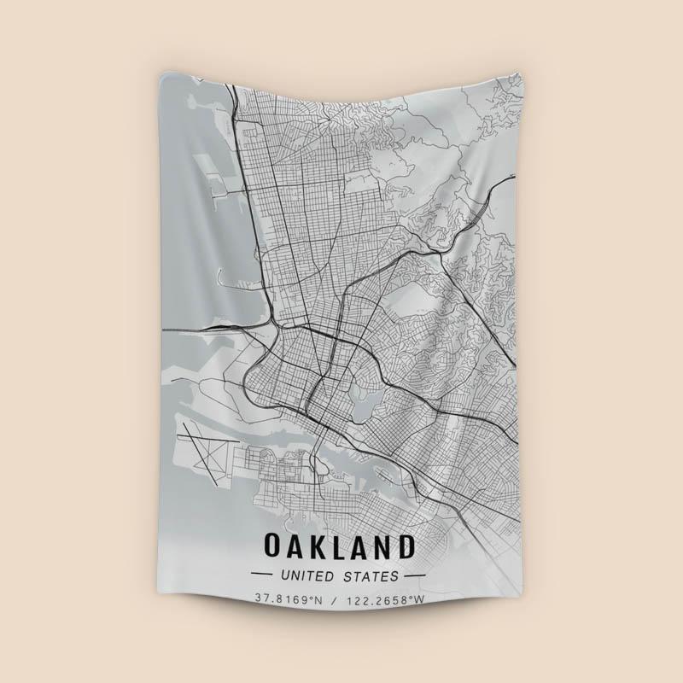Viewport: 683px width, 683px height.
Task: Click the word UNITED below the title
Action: coord(312,576)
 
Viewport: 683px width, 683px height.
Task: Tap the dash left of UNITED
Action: coord(262,576)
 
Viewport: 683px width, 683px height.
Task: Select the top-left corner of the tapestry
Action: coord(158,75)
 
